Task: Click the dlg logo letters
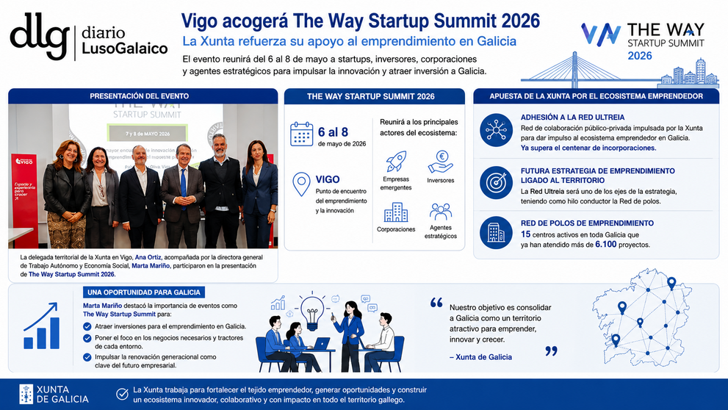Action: tap(40, 35)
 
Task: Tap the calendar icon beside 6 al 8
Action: tap(302, 134)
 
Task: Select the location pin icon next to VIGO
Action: tap(301, 184)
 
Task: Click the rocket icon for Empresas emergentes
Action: tap(396, 161)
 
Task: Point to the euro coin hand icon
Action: tap(440, 162)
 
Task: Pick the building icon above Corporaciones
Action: tap(396, 212)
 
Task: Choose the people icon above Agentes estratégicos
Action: tap(440, 212)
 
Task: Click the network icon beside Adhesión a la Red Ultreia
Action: tap(497, 130)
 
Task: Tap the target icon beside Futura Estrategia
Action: tap(497, 182)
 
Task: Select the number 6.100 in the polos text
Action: tap(606, 244)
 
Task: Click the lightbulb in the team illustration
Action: tap(312, 312)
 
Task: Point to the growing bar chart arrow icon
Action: tap(42, 326)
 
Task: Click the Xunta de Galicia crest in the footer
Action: tap(26, 395)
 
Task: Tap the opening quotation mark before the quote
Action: tap(436, 303)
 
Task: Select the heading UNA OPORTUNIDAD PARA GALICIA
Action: tap(144, 292)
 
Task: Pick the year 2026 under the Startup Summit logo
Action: tap(640, 56)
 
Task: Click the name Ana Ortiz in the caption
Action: tap(148, 257)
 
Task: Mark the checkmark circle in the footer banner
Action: tap(122, 395)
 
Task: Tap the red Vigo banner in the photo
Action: tap(24, 200)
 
